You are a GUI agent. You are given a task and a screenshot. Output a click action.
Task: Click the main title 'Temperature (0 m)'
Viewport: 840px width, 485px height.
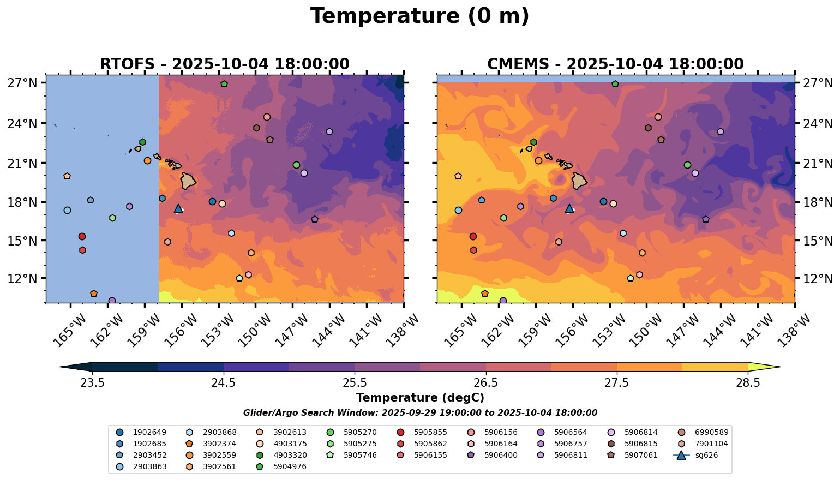[x=419, y=16]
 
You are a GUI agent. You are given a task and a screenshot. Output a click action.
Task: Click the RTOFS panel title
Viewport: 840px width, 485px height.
[x=224, y=64]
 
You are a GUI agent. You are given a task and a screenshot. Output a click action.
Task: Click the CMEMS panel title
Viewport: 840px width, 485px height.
[x=615, y=64]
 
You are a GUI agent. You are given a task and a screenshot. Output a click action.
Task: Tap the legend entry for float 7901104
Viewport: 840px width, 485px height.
[x=710, y=444]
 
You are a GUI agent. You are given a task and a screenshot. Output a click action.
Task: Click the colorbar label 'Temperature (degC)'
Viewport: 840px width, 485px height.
[x=419, y=398]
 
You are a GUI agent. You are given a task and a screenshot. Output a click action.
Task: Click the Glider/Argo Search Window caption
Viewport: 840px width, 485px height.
[x=419, y=413]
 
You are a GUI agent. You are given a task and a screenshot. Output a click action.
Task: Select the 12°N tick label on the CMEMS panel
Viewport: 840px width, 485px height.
[x=817, y=279]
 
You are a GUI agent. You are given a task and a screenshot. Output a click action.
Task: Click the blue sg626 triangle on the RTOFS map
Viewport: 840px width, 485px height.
[x=178, y=208]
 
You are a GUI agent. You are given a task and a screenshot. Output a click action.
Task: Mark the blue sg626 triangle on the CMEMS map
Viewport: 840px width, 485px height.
[x=569, y=208]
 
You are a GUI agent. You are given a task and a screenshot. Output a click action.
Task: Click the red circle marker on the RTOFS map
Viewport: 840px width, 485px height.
[x=82, y=236]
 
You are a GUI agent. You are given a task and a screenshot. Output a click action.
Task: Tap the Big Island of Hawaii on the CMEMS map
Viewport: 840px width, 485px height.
[x=579, y=181]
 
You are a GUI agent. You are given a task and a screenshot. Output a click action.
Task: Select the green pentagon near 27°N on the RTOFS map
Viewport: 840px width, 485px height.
[x=224, y=84]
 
